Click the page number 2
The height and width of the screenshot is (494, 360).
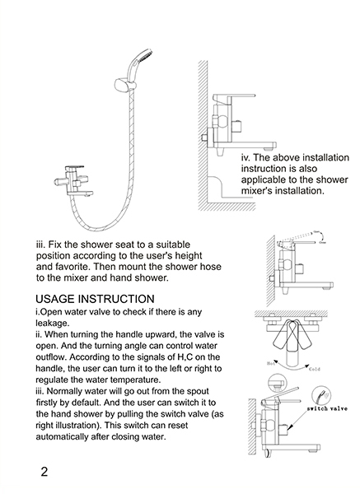tap(44, 472)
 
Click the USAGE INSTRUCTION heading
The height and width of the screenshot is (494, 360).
tap(95, 299)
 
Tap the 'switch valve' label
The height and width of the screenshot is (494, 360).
tap(327, 408)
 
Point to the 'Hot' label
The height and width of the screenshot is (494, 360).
tap(271, 363)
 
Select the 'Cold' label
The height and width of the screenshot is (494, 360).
tap(315, 369)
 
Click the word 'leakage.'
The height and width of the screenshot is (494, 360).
tap(52, 324)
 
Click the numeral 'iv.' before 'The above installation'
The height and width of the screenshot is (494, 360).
tap(245, 157)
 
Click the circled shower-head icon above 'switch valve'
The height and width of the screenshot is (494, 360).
tap(321, 394)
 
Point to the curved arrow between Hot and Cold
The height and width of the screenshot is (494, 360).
tap(291, 367)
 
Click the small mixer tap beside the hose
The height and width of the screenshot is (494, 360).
tap(74, 182)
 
